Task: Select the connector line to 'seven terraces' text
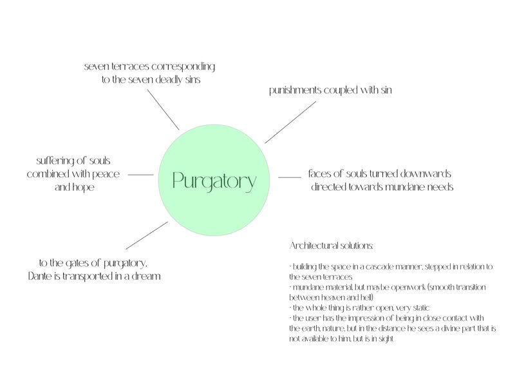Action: [164, 111]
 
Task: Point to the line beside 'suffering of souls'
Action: [141, 174]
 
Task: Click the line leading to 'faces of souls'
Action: [290, 177]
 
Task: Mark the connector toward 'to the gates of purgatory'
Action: [147, 235]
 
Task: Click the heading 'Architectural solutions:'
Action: [332, 247]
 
